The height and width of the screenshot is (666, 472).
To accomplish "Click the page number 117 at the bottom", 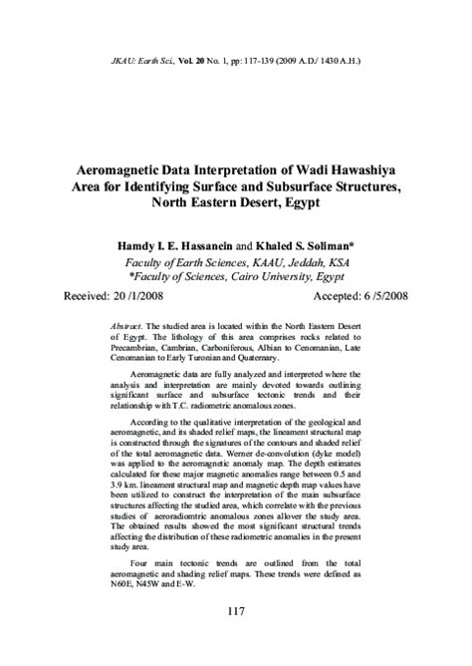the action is coord(235,611).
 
